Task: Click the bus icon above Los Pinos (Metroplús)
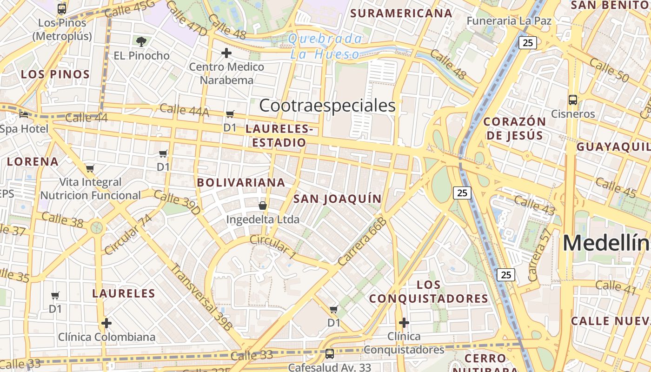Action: [x=62, y=8]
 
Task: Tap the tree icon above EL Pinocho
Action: [x=141, y=42]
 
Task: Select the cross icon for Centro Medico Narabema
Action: [x=226, y=53]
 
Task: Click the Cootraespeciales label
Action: [x=327, y=106]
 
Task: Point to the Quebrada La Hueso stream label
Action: [x=325, y=46]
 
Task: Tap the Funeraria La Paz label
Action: [x=509, y=21]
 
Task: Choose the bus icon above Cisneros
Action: [x=573, y=100]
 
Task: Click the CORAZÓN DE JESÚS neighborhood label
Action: [x=514, y=128]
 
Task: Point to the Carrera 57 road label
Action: [x=539, y=255]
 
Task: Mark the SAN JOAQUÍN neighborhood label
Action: [x=337, y=199]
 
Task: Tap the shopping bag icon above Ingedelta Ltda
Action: [x=263, y=205]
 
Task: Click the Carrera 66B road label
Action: [x=363, y=242]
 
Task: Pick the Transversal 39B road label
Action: [x=201, y=297]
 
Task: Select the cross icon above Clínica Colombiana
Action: [x=106, y=323]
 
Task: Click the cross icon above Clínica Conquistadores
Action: [x=404, y=322]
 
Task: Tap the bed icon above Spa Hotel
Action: [x=24, y=114]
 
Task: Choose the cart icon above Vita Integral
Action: [x=90, y=168]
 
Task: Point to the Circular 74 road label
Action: [x=128, y=235]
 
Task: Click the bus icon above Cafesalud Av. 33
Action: [x=330, y=354]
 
